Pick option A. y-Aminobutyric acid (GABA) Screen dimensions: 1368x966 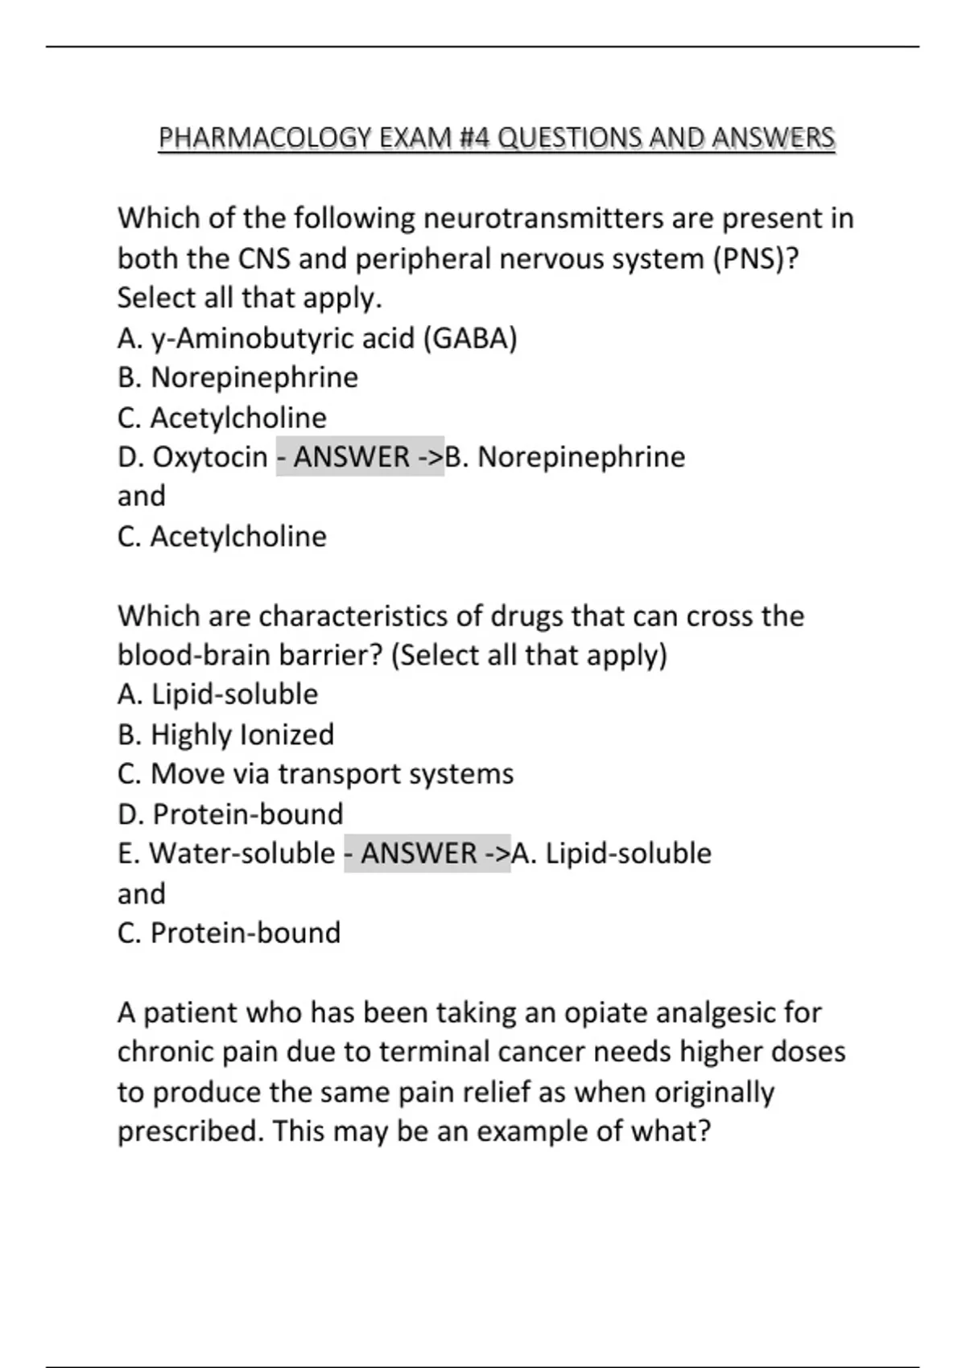(x=317, y=338)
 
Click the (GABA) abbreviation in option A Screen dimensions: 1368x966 (x=470, y=338)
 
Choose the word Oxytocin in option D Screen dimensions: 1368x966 (x=210, y=457)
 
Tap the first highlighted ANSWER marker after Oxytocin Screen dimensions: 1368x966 (x=360, y=457)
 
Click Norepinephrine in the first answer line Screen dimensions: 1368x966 (x=581, y=457)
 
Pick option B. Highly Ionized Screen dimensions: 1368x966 (x=225, y=734)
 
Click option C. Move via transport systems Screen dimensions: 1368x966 (x=316, y=774)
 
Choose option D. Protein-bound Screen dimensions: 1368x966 (x=230, y=814)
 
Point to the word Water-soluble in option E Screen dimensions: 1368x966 (x=242, y=854)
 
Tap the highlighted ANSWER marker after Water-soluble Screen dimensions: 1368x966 (x=427, y=854)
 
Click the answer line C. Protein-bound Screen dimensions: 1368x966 (x=229, y=933)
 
